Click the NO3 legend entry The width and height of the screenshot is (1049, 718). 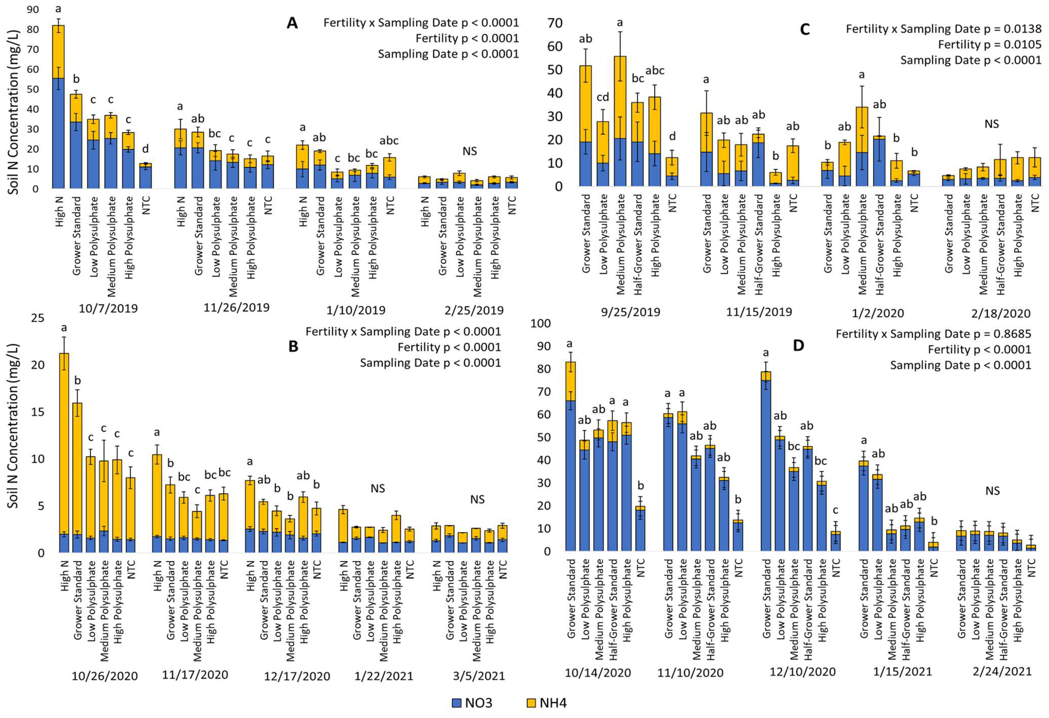[472, 703]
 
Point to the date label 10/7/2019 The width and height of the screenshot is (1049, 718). [108, 309]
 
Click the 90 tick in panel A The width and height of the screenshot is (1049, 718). [33, 9]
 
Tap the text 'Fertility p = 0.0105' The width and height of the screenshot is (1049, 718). [989, 45]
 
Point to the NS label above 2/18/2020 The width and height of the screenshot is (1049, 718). [992, 124]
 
